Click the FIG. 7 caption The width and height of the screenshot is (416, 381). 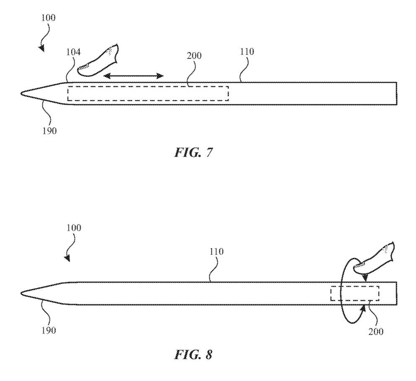tap(193, 152)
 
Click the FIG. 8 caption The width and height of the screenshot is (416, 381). tap(193, 355)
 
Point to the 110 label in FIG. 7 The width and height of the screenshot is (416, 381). tap(247, 52)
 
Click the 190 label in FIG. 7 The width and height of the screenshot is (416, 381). tap(49, 130)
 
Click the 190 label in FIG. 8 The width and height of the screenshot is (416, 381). tap(48, 330)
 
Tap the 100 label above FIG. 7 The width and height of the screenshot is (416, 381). tap(48, 18)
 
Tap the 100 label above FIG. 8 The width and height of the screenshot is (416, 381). tap(73, 229)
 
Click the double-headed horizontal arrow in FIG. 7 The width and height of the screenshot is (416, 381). tap(133, 76)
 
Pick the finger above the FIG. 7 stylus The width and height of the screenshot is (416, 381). tap(99, 61)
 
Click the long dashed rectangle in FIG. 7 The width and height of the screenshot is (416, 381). tap(148, 93)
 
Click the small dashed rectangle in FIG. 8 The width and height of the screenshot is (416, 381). tap(355, 293)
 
